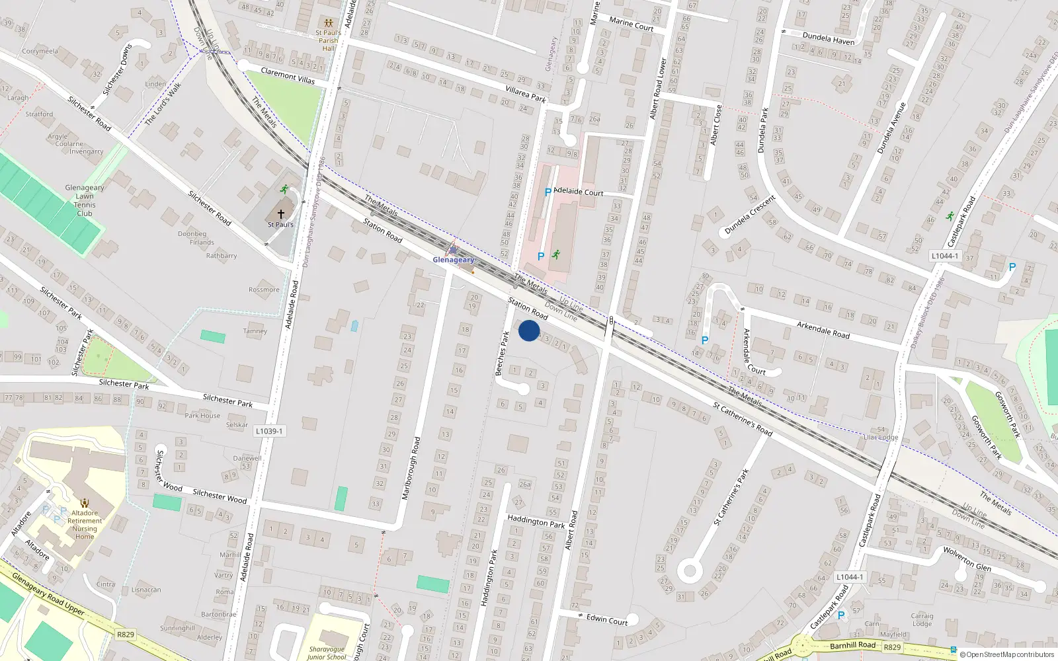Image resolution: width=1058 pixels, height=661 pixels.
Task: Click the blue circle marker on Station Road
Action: [529, 330]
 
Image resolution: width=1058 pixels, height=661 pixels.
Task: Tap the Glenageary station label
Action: [454, 260]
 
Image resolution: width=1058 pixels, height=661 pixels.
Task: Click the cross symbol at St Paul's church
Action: [281, 214]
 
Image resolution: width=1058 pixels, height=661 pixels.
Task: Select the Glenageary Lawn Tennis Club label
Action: [85, 200]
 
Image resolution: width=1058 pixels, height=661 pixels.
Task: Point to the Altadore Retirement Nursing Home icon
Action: [84, 503]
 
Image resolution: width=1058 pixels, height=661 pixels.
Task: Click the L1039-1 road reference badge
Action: [269, 431]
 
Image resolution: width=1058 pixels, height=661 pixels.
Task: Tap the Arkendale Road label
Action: [823, 330]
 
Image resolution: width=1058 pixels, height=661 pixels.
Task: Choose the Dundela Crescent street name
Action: [750, 215]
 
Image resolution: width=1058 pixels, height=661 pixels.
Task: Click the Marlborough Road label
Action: [411, 468]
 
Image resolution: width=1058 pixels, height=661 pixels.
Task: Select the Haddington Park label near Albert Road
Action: [536, 522]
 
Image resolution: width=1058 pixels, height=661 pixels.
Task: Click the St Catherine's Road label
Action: [743, 419]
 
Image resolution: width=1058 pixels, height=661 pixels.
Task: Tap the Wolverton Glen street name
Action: [967, 558]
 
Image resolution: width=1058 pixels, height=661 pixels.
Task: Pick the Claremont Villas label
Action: [288, 75]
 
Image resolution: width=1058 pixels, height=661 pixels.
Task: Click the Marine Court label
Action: [631, 24]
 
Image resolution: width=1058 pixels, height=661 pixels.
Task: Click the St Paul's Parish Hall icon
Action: [328, 23]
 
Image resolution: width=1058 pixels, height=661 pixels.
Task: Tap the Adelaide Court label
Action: [579, 192]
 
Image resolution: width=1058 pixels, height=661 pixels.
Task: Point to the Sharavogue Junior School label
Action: [327, 653]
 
